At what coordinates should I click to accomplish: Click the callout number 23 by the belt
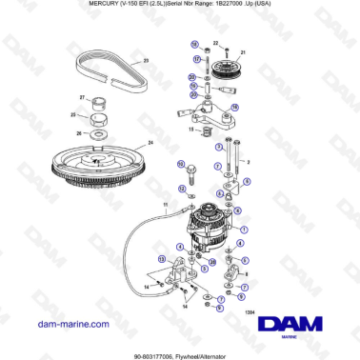[x=146, y=60]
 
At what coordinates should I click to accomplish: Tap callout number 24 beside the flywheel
[x=150, y=144]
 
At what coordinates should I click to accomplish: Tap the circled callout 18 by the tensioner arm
[x=235, y=107]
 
